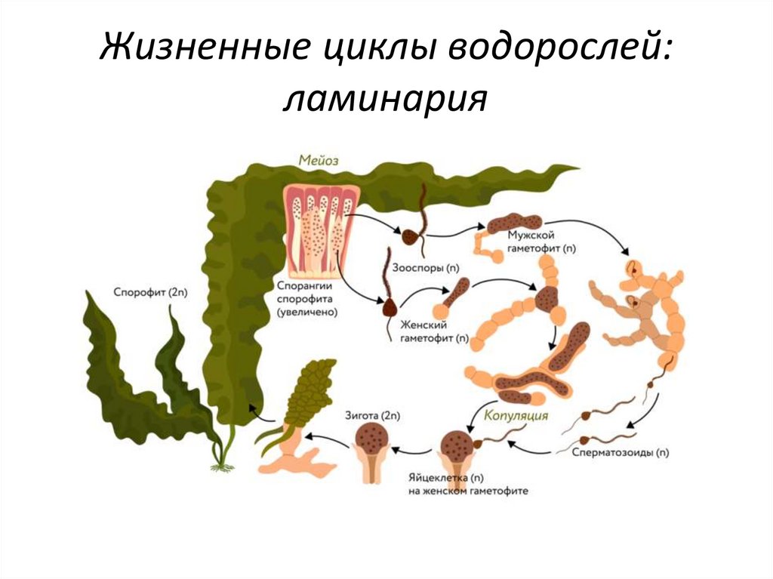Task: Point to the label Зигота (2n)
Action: (374, 416)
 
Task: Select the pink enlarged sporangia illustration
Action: (320, 226)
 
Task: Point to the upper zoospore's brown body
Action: (411, 237)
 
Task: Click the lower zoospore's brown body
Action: (391, 308)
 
